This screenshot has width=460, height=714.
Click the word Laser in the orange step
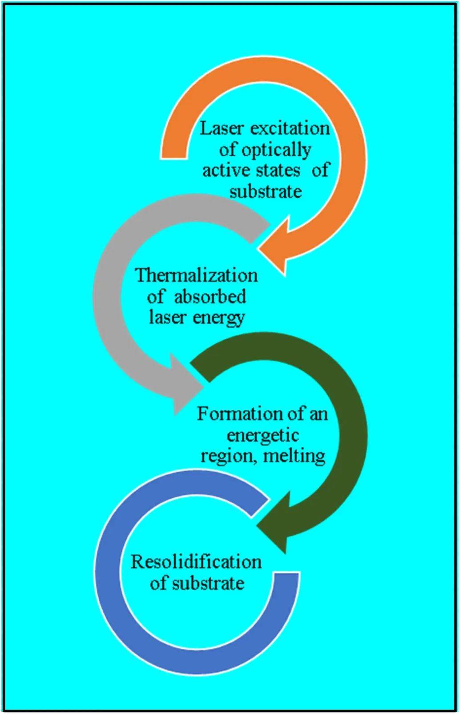pos(221,129)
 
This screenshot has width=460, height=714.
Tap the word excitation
pos(290,129)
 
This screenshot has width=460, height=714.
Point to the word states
pos(278,170)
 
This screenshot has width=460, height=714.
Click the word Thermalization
pos(196,275)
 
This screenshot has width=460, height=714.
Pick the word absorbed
pos(210,296)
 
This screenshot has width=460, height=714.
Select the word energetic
pos(262,435)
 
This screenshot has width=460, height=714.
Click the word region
pos(227,456)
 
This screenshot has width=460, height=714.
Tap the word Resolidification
pos(196,562)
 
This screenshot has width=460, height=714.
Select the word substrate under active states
pos(266,192)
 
